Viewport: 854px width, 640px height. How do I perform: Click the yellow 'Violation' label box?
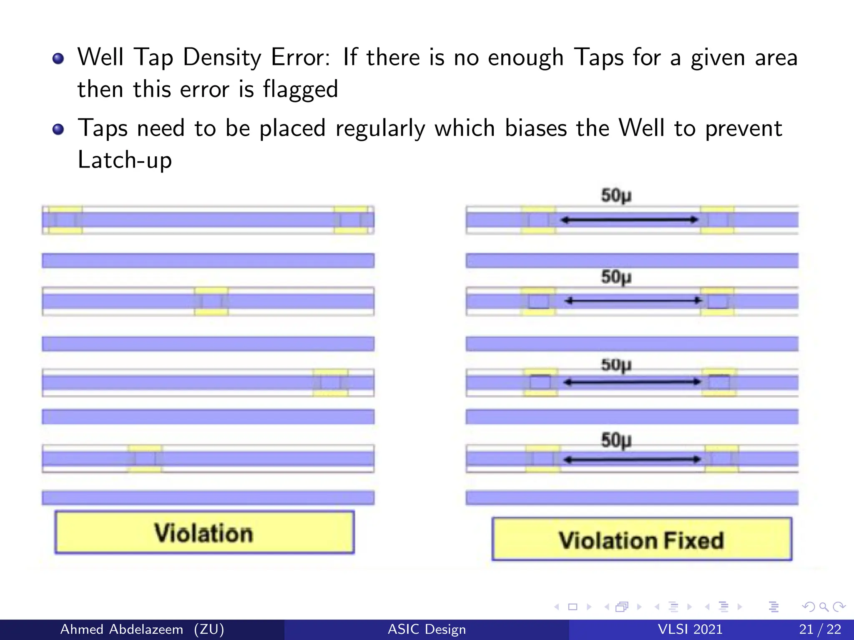click(204, 532)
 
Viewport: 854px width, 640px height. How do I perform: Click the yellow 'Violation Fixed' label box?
click(641, 540)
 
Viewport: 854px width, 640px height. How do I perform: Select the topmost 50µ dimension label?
click(616, 195)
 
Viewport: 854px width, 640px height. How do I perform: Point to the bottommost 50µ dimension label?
click(616, 440)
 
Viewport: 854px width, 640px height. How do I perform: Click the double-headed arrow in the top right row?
click(629, 220)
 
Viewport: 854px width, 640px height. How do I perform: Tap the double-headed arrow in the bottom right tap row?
click(631, 460)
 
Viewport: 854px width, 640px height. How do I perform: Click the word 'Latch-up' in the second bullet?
click(125, 160)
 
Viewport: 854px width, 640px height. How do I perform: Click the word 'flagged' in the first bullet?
click(300, 89)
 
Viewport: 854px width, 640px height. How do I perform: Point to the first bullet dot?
click(58, 58)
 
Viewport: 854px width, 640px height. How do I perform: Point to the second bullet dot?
click(58, 129)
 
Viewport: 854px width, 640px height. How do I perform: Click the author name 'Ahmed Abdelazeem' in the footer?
click(122, 629)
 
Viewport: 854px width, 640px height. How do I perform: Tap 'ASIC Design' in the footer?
click(427, 629)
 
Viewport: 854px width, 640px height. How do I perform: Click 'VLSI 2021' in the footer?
click(690, 629)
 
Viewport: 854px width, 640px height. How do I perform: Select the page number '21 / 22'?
click(820, 629)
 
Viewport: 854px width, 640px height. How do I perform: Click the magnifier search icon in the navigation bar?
click(824, 607)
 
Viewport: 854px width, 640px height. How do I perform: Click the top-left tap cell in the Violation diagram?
click(65, 220)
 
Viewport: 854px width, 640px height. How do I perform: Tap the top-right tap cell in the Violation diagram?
click(351, 220)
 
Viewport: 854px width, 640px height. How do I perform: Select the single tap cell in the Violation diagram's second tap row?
click(211, 301)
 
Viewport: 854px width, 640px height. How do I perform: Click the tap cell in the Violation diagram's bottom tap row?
click(145, 458)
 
